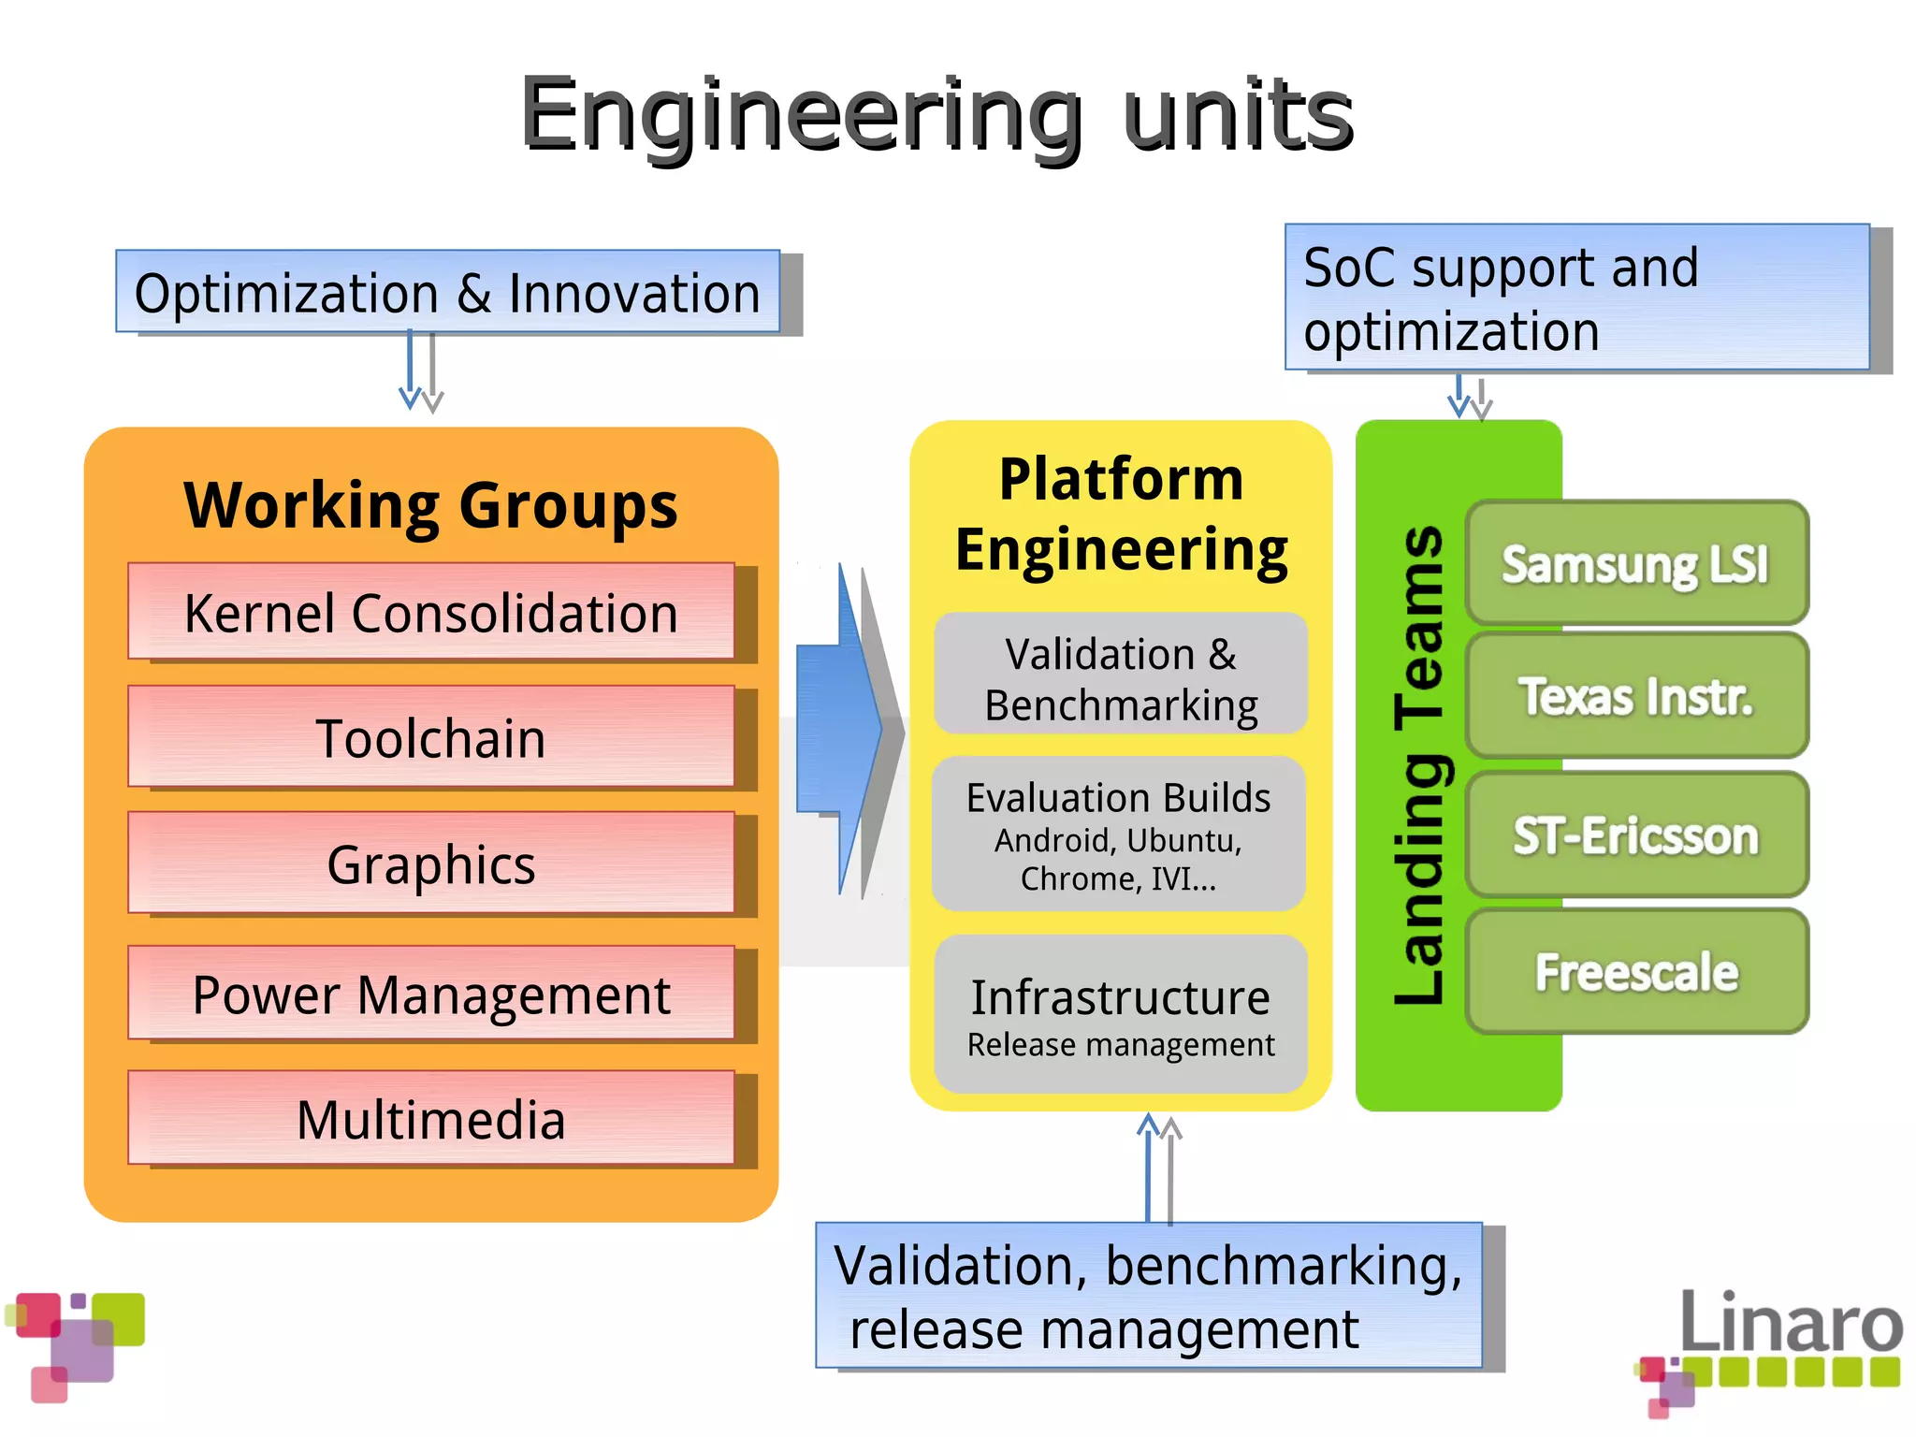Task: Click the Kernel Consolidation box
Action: coord(431,613)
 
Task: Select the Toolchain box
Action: coord(431,738)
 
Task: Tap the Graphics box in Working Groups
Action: coord(431,864)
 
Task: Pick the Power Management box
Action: coord(431,994)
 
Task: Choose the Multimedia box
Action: coord(431,1119)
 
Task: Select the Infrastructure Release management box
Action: coord(1121,1015)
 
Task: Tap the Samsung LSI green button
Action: coord(1636,564)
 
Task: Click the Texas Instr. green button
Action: coord(1636,696)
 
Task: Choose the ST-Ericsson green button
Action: coord(1636,835)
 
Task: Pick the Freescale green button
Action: coord(1636,972)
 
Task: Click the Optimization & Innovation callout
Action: coord(447,293)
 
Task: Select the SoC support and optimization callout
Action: coord(1576,298)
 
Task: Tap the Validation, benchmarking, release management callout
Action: coord(1148,1296)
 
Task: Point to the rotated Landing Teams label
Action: coord(1419,765)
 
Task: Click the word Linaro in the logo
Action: coord(1791,1322)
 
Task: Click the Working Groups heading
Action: coord(431,506)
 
